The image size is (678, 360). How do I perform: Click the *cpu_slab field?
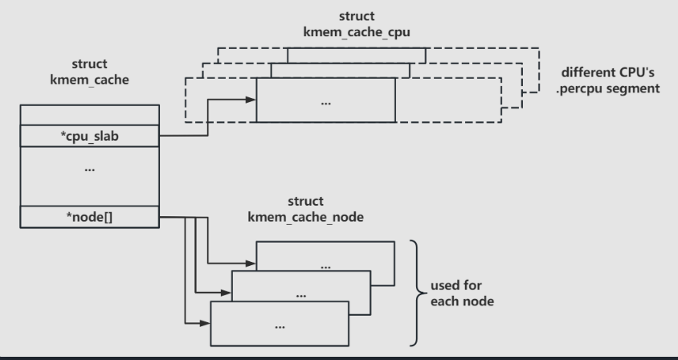(89, 136)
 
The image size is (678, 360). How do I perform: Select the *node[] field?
(89, 217)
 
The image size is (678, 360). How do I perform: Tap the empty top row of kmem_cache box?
(89, 115)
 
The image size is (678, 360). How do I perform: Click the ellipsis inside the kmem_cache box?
(89, 170)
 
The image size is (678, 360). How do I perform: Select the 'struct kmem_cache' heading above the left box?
(89, 72)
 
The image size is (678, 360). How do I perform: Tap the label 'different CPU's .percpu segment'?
(607, 80)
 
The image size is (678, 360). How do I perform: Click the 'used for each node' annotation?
(462, 293)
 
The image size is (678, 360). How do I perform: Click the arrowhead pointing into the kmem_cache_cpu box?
(251, 100)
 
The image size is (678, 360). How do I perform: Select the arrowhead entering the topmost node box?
(251, 263)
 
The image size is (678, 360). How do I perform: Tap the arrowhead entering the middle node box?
(227, 293)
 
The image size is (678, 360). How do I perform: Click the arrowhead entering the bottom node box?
(205, 323)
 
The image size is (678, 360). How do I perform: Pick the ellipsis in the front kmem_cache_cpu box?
(326, 104)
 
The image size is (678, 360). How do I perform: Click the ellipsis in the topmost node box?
(325, 267)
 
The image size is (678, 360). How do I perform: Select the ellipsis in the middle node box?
(301, 296)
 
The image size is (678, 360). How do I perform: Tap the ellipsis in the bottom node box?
(280, 327)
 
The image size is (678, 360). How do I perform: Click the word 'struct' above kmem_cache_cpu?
(357, 16)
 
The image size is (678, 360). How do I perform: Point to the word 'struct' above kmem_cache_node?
(306, 201)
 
